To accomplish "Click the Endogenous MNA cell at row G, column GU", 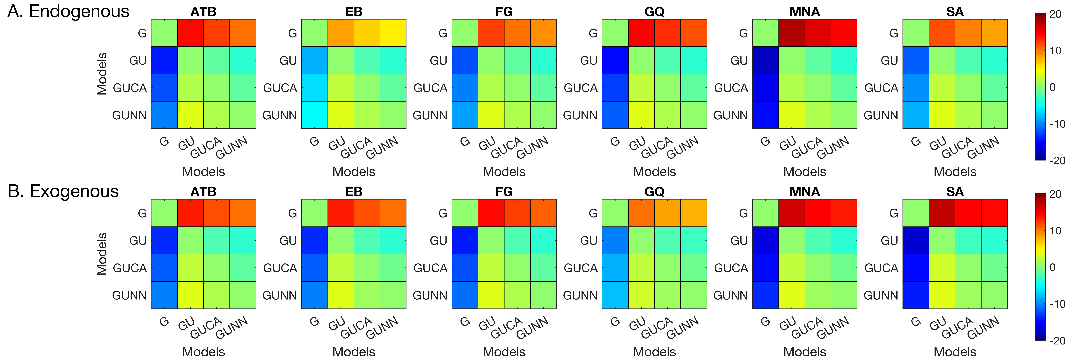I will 791,33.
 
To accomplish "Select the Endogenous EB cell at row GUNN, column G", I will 315,115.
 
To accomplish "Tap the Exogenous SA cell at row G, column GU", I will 942,213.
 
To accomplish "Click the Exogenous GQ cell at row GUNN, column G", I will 615,295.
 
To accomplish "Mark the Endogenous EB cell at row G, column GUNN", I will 393,33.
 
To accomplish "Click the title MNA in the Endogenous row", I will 804,12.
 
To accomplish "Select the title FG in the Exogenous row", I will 504,192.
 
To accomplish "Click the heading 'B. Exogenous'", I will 63,191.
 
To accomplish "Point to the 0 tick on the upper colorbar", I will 1053,87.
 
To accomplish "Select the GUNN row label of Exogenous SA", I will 881,295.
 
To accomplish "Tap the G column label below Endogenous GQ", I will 615,142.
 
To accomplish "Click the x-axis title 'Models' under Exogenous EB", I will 354,352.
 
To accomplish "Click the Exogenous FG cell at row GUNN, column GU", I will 491,295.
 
